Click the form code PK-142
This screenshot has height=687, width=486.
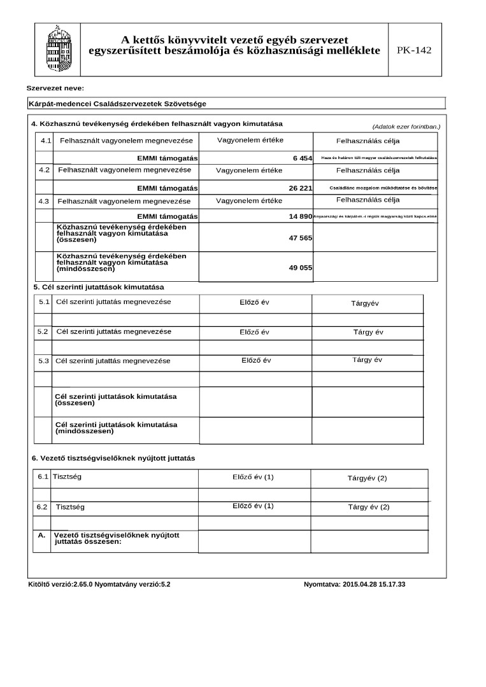point(414,50)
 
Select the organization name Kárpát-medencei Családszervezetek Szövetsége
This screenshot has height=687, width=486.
point(117,104)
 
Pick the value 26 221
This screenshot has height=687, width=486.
point(300,188)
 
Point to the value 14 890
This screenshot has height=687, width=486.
point(300,217)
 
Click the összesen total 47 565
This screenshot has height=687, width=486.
point(300,237)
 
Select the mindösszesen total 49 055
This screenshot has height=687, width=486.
point(300,268)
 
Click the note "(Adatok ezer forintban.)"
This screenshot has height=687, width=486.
point(406,127)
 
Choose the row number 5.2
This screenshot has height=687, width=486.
point(43,331)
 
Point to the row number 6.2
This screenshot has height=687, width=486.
point(43,507)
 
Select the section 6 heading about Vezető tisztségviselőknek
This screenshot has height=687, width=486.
point(113,458)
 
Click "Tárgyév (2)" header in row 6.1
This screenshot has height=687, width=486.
point(367,478)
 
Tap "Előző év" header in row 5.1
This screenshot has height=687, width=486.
point(254,302)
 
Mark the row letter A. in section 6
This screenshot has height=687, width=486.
point(41,535)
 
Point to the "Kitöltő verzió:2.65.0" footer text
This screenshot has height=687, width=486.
point(61,584)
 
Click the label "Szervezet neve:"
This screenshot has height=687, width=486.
point(55,88)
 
